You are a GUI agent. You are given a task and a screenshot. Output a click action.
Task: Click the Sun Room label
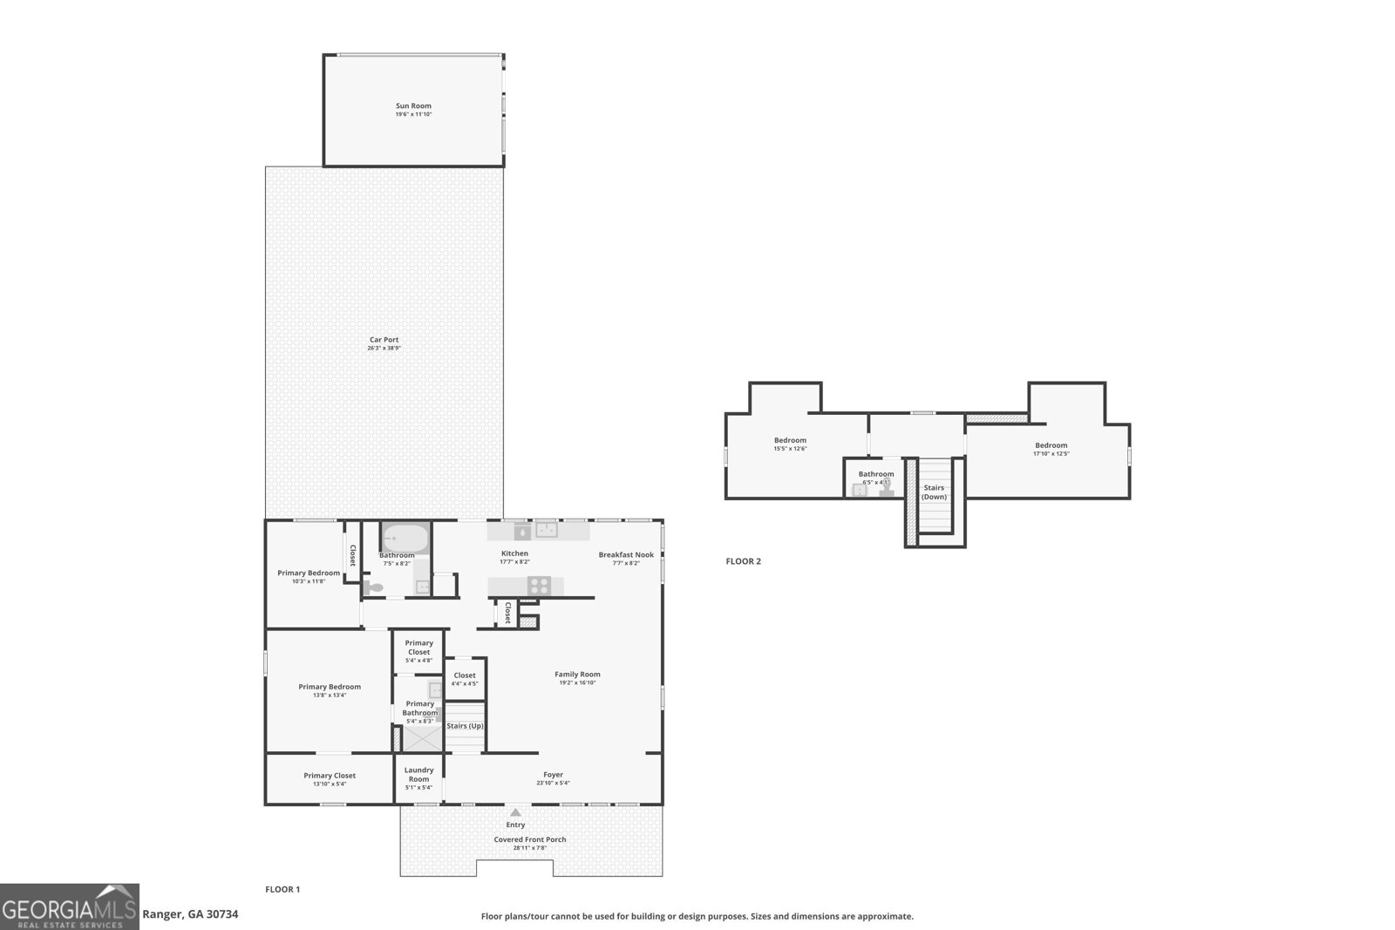[x=413, y=106]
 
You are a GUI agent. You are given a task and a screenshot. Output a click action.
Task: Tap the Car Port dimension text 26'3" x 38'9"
[x=384, y=349]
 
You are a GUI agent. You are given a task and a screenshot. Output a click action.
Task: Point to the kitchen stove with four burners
[x=539, y=586]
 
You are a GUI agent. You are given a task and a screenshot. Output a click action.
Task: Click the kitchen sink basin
[x=546, y=529]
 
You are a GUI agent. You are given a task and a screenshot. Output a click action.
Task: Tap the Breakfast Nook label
[x=625, y=554]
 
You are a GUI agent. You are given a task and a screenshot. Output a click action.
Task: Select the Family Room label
[x=577, y=674]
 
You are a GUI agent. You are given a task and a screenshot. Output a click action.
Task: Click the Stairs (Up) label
[x=465, y=726]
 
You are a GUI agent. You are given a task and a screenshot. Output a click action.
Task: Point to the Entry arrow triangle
[x=515, y=812]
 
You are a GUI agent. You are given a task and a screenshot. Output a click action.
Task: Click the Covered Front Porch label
[x=529, y=839]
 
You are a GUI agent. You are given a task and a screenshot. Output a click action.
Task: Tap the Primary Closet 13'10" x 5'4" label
[x=330, y=776]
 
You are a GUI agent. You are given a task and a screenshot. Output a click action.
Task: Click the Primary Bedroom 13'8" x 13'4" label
[x=330, y=687]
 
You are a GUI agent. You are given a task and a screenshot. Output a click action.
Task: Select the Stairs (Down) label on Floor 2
[x=934, y=492]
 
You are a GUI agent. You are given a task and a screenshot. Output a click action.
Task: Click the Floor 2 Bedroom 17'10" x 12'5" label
[x=1051, y=445]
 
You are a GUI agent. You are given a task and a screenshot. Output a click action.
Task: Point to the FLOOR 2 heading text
[x=743, y=561]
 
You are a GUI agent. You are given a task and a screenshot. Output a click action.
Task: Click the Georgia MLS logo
[x=70, y=906]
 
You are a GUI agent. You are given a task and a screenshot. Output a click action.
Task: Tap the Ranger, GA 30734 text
[x=189, y=914]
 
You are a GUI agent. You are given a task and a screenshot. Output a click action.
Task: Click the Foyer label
[x=553, y=774]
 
